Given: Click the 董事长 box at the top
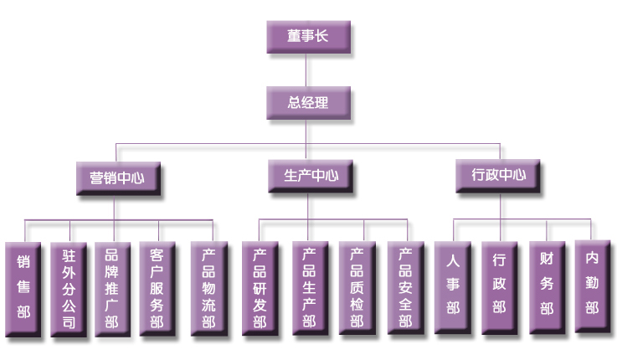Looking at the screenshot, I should pos(306,38).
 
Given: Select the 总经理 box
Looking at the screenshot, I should pos(306,103).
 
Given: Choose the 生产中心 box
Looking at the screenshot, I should pos(306,176).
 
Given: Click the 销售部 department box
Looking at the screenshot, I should pos(23,288).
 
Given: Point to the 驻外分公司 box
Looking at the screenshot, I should pos(69,288).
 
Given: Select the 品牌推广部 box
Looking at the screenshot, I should pos(112,288).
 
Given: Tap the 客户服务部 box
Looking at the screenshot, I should pos(157,288).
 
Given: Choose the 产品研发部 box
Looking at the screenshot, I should pos(260,288).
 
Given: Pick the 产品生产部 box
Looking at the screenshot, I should pos(310,288).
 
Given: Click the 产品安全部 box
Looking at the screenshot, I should pos(406,288).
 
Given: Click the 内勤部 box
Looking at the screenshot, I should pos(592,285).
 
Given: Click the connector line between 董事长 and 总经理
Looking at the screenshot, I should pos(306,71).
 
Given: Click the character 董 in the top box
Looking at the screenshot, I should pos(293,38).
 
